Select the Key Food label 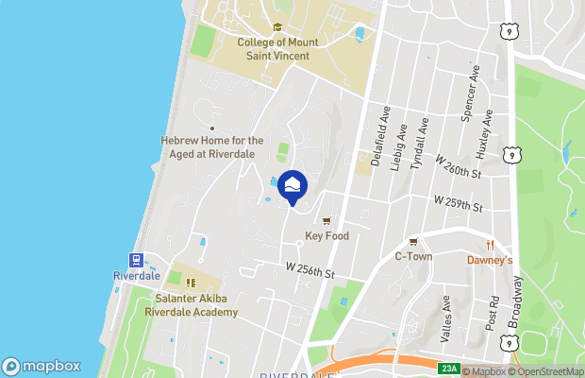(x=327, y=236)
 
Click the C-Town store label (x=412, y=256)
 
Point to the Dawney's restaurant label (x=490, y=260)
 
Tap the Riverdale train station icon (x=136, y=260)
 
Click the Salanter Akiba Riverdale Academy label (x=196, y=306)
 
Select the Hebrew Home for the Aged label (x=211, y=146)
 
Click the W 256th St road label (x=309, y=270)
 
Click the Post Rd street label (x=493, y=312)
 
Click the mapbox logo (x=41, y=366)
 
